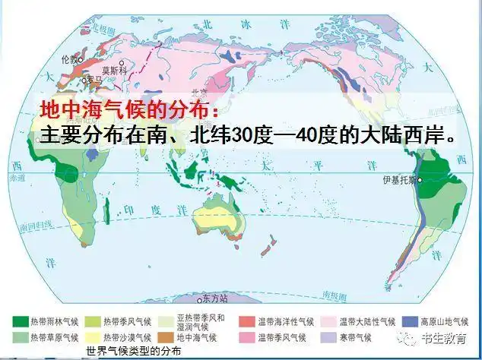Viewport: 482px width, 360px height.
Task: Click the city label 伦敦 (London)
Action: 69,58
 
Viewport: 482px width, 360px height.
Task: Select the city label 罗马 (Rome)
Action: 95,78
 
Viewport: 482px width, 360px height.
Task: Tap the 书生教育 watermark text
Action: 448,339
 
